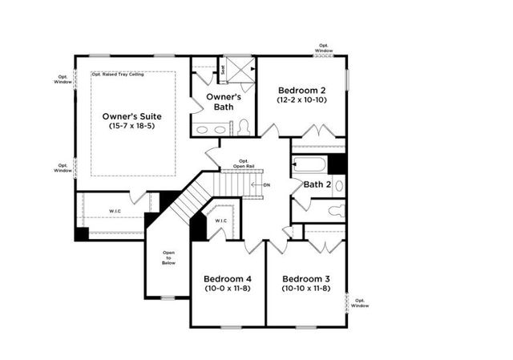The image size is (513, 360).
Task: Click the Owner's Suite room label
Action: pyautogui.click(x=133, y=115)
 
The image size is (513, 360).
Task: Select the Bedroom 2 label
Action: pyautogui.click(x=301, y=90)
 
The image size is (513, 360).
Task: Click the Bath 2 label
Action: pyautogui.click(x=317, y=185)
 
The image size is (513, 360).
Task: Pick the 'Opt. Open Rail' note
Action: pyautogui.click(x=244, y=163)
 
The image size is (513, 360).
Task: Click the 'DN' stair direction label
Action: pyautogui.click(x=267, y=184)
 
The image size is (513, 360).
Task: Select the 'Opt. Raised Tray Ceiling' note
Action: pyautogui.click(x=123, y=75)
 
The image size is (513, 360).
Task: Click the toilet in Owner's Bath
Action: pyautogui.click(x=243, y=127)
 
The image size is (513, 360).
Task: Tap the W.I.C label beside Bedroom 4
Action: pyautogui.click(x=220, y=220)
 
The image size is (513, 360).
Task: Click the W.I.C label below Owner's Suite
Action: pyautogui.click(x=116, y=211)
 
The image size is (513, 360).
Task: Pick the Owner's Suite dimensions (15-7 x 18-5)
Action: pyautogui.click(x=133, y=126)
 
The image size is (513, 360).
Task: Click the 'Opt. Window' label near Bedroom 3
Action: pyautogui.click(x=360, y=303)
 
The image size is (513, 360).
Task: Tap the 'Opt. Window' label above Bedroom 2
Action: pyautogui.click(x=323, y=47)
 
